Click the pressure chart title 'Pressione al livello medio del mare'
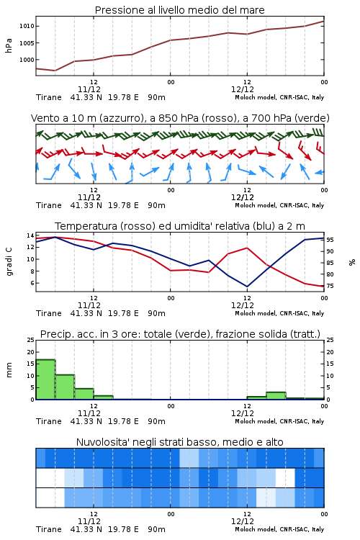pos(179,10)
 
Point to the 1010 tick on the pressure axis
pos(27,26)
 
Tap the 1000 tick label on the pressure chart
pos(27,60)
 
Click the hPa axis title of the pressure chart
pos(9,45)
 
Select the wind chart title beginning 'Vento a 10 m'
pos(180,118)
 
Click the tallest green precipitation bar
pos(45,379)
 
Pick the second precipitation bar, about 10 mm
pos(65,387)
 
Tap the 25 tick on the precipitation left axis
pos(30,340)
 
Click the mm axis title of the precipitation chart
pos(9,370)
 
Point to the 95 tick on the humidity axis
pos(330,240)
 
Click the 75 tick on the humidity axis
pos(330,286)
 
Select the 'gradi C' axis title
pos(9,261)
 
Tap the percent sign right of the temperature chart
pos(352,262)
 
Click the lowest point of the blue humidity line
pos(247,287)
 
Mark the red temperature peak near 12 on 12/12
pos(247,248)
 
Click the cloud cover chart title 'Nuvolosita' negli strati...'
pos(179,442)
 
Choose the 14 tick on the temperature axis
pos(30,235)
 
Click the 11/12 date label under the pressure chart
pos(89,89)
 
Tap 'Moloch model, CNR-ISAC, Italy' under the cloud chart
pos(279,529)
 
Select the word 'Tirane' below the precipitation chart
pos(48,421)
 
